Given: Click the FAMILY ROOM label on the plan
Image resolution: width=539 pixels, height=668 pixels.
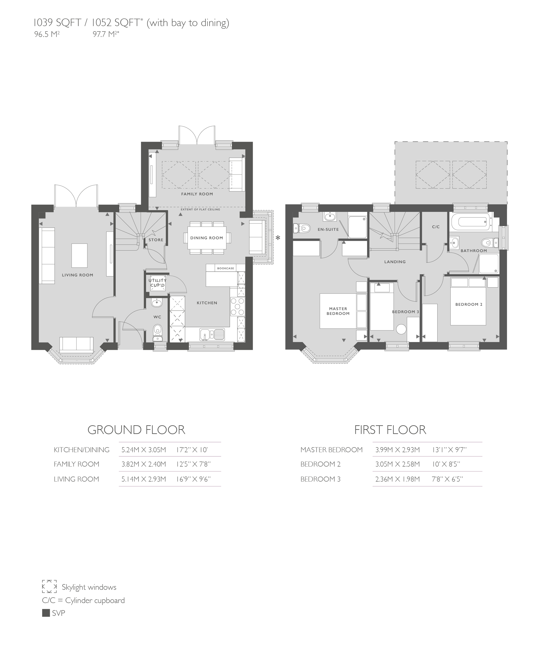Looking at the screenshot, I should pos(197,194).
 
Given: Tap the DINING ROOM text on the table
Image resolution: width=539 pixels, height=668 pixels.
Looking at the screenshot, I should pos(206,238).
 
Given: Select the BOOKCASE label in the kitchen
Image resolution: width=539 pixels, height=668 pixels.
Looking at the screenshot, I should pos(225,268).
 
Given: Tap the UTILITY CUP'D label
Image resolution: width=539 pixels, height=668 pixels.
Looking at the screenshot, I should pos(157,283).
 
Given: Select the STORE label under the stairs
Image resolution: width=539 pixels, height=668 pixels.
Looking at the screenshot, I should pos(156,240).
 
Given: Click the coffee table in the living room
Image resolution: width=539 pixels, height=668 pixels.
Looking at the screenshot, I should pos(80,256).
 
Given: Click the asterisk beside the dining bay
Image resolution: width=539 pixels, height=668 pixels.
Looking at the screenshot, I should pos(278,238).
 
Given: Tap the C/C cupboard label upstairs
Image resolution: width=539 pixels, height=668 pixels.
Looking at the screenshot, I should pos(436,227).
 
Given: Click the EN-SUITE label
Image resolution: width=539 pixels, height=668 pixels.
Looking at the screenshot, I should pos(328,229).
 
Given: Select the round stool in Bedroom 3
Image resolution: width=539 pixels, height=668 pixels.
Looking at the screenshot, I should pos(401,329).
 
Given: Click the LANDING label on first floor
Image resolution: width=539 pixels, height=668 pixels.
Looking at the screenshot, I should pos(395,262).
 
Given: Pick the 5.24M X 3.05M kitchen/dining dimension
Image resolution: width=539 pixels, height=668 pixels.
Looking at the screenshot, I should pos(144,450).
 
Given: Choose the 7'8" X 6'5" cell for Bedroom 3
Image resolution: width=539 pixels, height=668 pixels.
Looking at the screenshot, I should pos(447,479).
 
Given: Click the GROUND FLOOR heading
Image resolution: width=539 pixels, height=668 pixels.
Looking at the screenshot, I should pos(136,430).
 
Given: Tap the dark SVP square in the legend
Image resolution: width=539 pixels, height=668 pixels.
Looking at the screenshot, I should pos(46,613).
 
